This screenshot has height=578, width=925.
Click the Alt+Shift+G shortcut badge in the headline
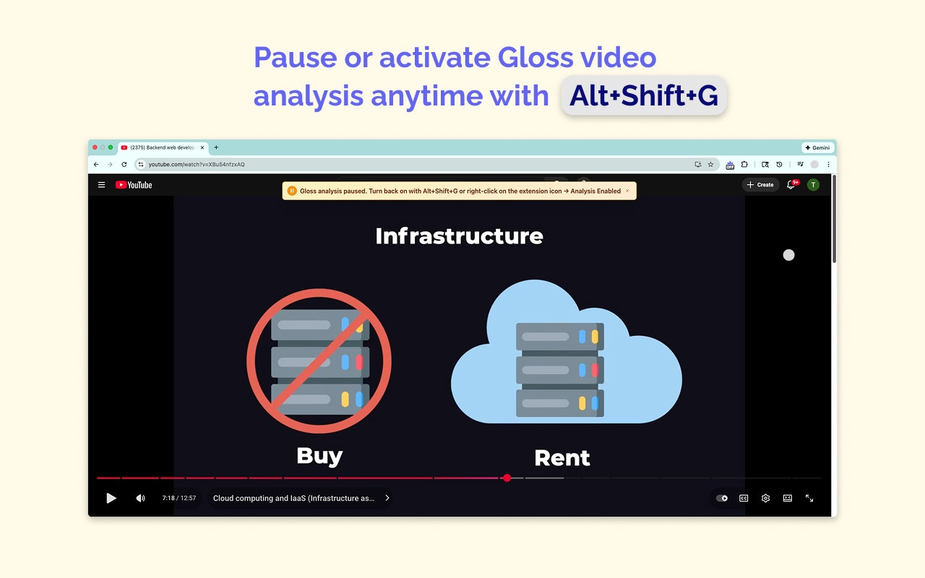(x=643, y=95)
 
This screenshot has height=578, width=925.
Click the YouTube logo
(x=134, y=185)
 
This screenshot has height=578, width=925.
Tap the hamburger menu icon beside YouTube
(x=101, y=185)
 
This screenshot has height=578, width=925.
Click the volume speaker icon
(x=140, y=498)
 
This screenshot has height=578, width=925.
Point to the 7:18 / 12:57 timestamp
(x=178, y=498)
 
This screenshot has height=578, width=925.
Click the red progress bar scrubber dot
(x=507, y=478)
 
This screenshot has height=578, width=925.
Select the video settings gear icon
(x=765, y=498)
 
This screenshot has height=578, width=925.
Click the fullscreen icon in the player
(x=809, y=498)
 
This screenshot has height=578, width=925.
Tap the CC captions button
(x=744, y=498)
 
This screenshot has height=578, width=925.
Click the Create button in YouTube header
(x=760, y=185)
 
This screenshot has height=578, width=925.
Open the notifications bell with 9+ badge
(x=791, y=185)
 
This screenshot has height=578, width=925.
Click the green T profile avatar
(x=813, y=185)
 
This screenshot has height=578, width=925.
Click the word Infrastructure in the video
(x=459, y=236)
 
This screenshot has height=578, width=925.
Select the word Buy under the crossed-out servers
(x=319, y=455)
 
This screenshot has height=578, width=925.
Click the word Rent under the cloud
(x=562, y=457)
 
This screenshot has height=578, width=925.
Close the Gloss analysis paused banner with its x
(x=627, y=191)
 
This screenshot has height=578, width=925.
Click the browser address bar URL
(x=197, y=165)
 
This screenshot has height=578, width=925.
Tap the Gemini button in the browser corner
(x=817, y=147)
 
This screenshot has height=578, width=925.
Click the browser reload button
(x=124, y=165)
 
